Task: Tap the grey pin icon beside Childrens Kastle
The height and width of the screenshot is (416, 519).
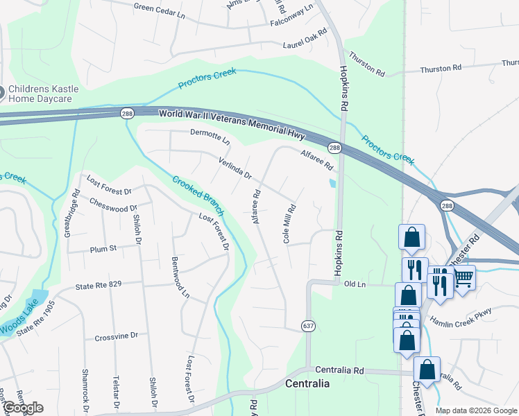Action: pyautogui.click(x=1, y=90)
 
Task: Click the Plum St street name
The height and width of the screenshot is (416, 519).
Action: pyautogui.click(x=103, y=249)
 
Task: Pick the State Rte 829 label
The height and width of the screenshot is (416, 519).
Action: pyautogui.click(x=99, y=285)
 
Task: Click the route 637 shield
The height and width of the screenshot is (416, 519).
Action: pyautogui.click(x=309, y=325)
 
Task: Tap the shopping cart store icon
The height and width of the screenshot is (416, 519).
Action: pyautogui.click(x=463, y=277)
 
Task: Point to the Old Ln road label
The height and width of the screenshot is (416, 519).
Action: pyautogui.click(x=354, y=284)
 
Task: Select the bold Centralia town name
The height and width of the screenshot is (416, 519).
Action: pyautogui.click(x=307, y=383)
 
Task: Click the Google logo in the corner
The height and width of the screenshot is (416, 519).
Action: pyautogui.click(x=23, y=408)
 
